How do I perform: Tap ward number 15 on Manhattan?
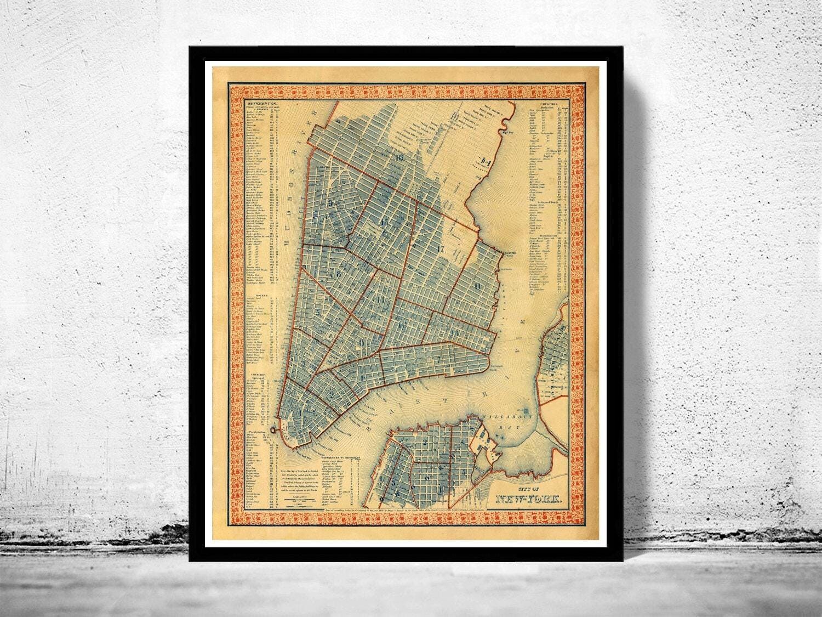384,222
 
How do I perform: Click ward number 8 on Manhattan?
340,273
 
